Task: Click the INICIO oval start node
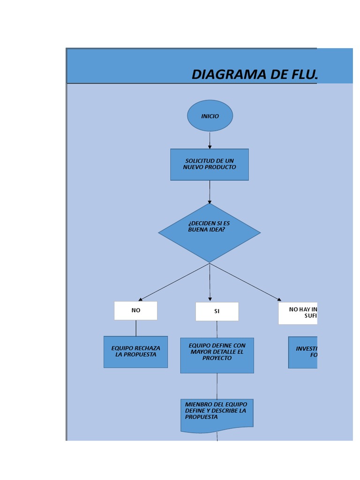tap(210, 116)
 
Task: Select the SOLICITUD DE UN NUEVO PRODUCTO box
tap(209, 164)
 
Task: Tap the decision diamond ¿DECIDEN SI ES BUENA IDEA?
tap(209, 232)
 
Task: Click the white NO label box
tap(135, 310)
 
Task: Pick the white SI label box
tap(217, 311)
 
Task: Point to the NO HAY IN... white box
tap(298, 313)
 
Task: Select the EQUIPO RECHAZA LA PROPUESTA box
tap(135, 352)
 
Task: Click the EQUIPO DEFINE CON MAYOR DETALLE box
tap(217, 355)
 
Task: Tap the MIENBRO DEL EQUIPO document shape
tap(217, 414)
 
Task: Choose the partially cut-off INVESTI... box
tap(303, 352)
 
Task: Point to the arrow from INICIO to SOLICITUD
tap(210, 140)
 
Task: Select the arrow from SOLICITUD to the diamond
tap(210, 192)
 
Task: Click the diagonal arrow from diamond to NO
tap(174, 282)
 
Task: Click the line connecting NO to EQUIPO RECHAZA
tap(136, 328)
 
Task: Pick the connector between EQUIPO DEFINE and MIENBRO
tap(217, 386)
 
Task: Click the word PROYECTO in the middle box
tap(217, 358)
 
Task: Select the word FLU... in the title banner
tap(300, 74)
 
